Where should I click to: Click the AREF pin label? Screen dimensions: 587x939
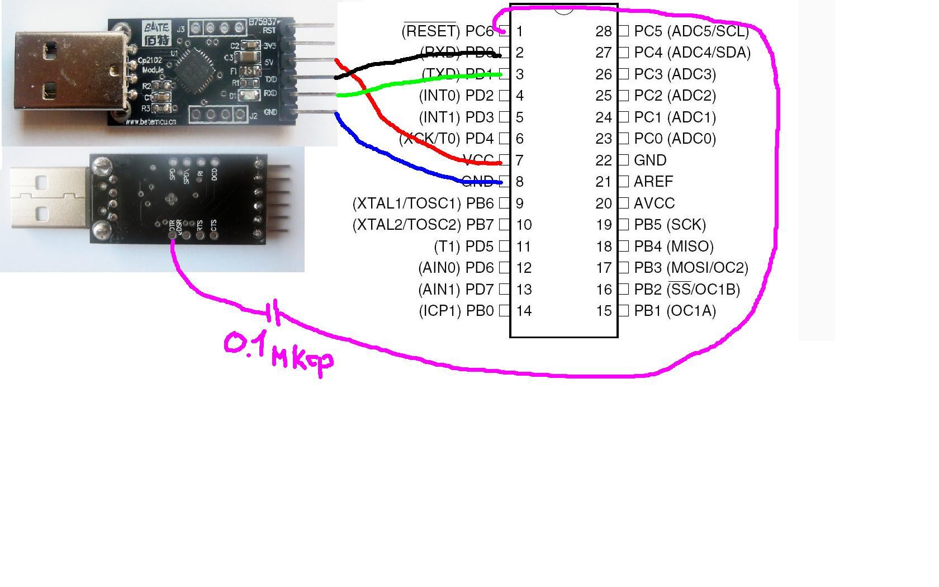pos(653,182)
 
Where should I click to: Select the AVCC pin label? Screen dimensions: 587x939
pos(654,203)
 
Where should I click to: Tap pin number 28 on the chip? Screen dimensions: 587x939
pos(604,31)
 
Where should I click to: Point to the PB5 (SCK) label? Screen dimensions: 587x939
pos(670,225)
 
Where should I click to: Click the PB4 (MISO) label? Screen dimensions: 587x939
pos(674,247)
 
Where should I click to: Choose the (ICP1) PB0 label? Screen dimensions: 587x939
pos(456,311)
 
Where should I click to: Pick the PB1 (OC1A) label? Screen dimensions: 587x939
pos(675,311)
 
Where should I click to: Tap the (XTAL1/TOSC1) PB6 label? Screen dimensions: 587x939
pos(423,203)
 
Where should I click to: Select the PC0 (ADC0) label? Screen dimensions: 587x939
pos(675,139)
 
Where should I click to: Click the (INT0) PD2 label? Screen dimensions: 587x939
pos(456,96)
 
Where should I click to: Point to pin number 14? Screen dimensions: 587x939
pos(524,311)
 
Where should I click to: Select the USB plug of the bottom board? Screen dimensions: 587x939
pos(48,198)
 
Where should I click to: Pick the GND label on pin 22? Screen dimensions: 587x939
pos(650,160)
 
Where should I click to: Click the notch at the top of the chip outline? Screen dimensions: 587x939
pos(563,9)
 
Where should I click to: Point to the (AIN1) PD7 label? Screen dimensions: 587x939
pos(456,290)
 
